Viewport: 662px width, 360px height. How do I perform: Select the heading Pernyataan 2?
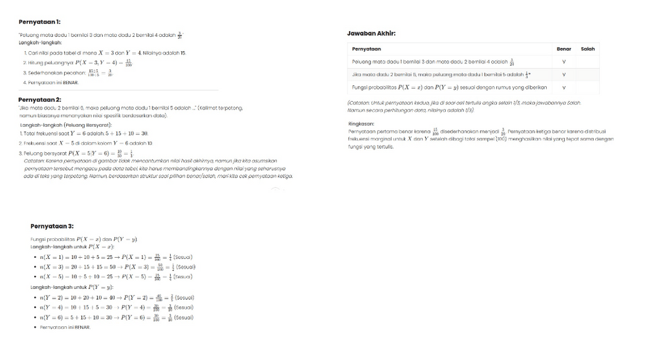[39, 99]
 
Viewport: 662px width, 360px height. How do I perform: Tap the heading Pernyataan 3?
[52, 226]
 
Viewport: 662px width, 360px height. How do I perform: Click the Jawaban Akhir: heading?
[371, 33]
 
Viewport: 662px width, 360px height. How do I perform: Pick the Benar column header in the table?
[564, 49]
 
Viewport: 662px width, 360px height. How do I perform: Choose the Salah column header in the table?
[588, 49]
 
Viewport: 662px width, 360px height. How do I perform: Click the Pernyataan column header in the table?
[366, 49]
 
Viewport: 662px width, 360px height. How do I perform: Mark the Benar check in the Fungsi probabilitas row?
[564, 87]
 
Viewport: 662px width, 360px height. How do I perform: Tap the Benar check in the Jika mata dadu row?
[564, 74]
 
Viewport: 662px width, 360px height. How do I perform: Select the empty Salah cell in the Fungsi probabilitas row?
[588, 87]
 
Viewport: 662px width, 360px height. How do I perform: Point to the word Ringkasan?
[360, 124]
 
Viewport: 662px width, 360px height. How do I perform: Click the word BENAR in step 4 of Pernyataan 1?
[70, 83]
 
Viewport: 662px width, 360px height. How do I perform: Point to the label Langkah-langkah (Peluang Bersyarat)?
[66, 124]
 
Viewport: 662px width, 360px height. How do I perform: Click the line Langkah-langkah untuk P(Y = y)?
[72, 287]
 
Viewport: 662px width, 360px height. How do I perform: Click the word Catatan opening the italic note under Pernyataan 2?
[34, 159]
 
